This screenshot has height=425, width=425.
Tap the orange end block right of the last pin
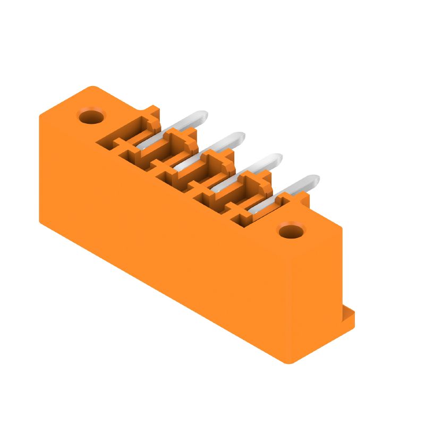click(x=295, y=200)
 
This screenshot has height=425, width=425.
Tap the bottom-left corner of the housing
click(x=41, y=220)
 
